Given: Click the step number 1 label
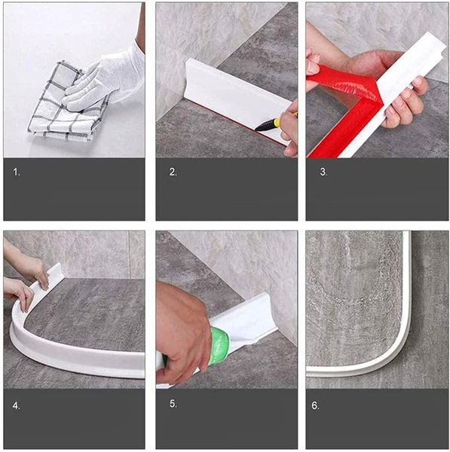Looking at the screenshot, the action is pos(17,173).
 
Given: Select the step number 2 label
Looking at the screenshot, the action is pos(173,172).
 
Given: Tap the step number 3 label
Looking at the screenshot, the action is pos(323,172).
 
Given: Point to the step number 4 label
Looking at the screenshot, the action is pos(17,406).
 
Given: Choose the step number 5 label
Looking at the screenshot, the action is pos(173,404).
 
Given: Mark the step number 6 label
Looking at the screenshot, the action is pos(315,405).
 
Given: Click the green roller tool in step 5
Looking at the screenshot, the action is pos(220,345).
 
